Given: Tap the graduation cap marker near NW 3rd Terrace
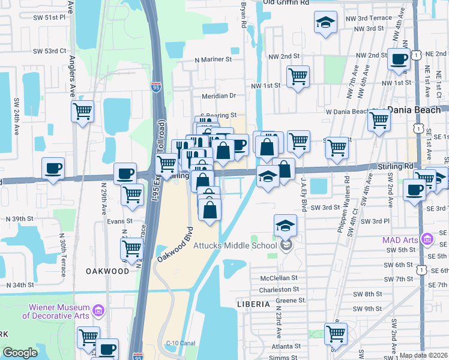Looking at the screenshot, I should click(325, 23).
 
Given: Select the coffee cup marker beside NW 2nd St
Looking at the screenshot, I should click(398, 59).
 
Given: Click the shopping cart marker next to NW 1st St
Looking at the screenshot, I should click(298, 77).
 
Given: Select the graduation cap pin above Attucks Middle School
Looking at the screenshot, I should click(285, 226).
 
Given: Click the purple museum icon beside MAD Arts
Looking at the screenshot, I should click(427, 240).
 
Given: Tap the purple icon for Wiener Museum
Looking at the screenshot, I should click(99, 311).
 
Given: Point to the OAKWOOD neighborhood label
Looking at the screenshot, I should click(107, 271).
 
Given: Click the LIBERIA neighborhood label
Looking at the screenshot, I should click(253, 304).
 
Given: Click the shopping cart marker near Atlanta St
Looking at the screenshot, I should click(336, 334).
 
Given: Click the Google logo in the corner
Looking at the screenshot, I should click(20, 353).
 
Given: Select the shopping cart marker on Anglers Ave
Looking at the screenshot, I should click(83, 110).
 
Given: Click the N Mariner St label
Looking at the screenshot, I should click(213, 60).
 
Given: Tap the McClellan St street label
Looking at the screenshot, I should click(279, 278).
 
